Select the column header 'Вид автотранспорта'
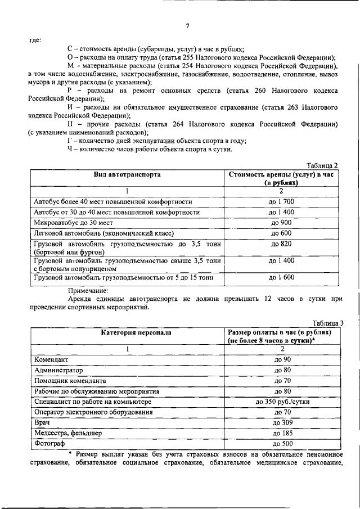click(127, 175)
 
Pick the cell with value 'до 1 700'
click(282, 201)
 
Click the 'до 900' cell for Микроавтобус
click(282, 223)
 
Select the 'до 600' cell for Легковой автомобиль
click(282, 233)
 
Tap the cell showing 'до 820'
click(282, 244)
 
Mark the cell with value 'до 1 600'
click(282, 278)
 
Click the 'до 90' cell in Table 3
click(282, 359)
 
